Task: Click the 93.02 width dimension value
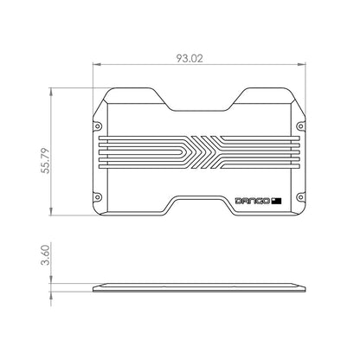[x=197, y=59]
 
